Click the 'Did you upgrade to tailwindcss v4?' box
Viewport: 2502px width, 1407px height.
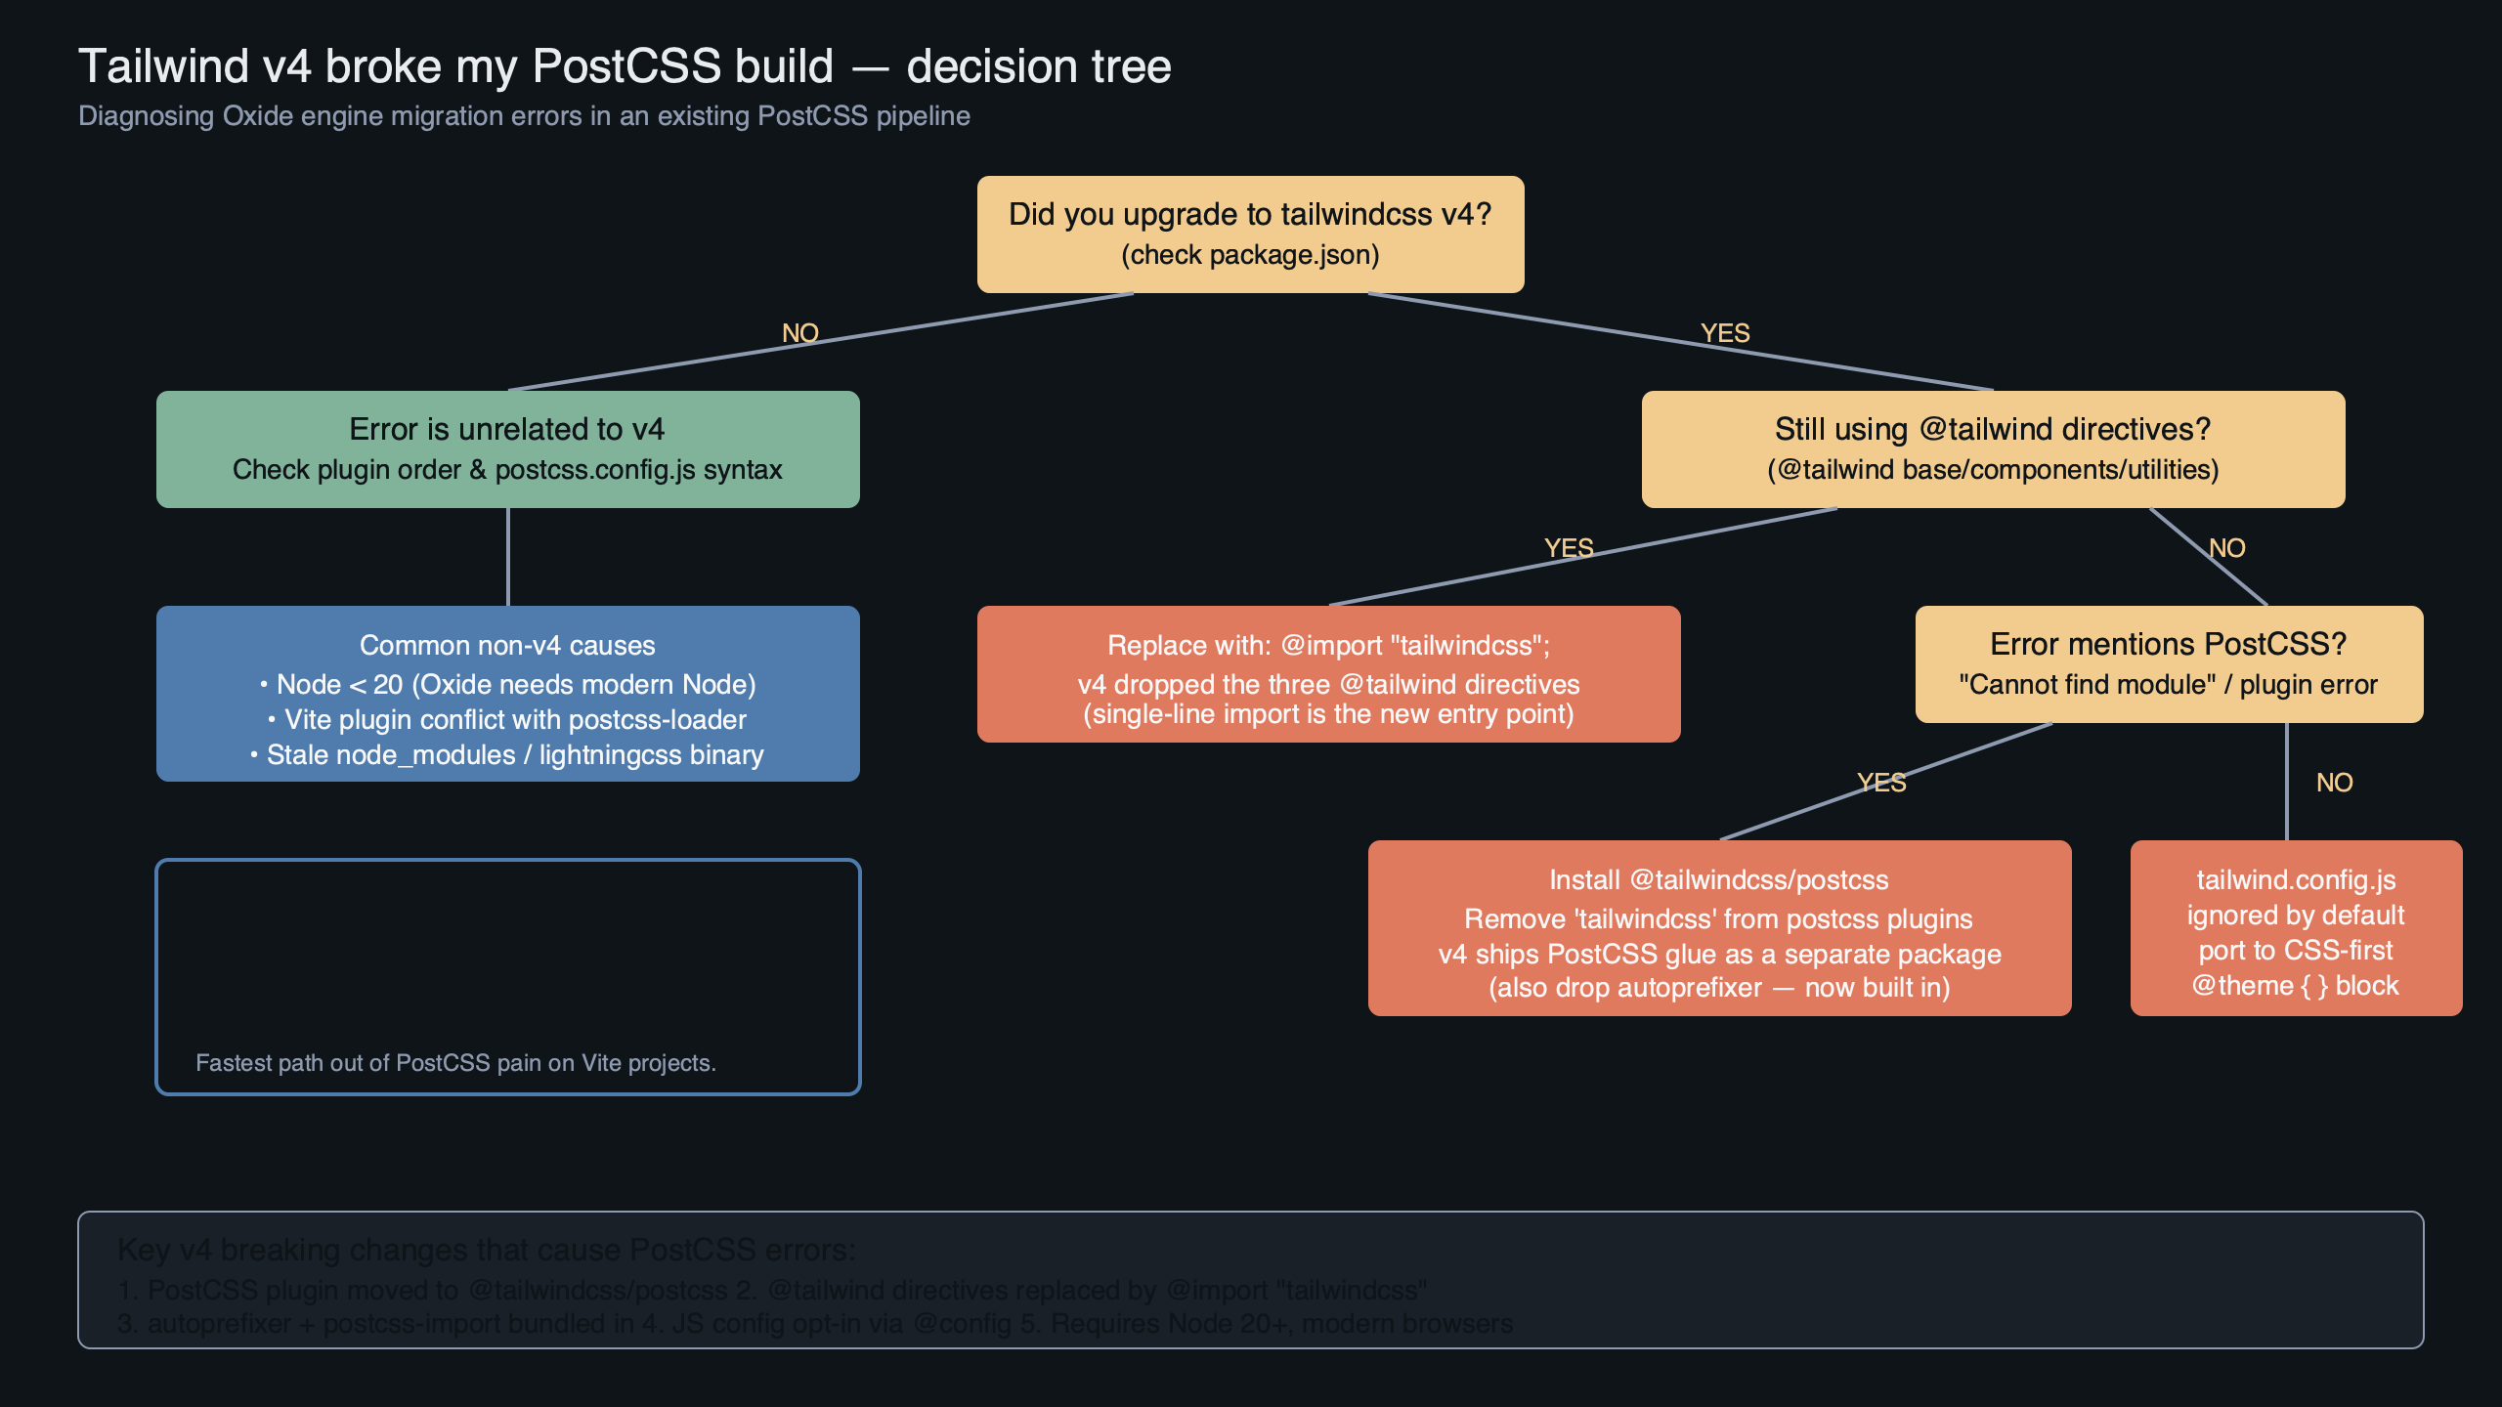1250,234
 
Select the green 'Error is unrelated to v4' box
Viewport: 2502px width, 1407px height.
507,449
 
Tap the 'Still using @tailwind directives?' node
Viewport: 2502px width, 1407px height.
1993,449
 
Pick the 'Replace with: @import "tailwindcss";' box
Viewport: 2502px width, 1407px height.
1328,674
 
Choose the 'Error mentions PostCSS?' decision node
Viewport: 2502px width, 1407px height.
2169,664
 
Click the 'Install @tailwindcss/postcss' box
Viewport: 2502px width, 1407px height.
1719,928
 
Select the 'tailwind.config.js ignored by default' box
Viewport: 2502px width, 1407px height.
2296,928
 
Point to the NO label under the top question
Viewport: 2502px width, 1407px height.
799,333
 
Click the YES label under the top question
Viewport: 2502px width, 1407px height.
1725,333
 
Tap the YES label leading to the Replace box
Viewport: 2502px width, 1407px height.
1569,548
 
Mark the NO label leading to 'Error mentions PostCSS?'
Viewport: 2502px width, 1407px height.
2227,548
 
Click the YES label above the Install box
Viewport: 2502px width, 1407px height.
1881,783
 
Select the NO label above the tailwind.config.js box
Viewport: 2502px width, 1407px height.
2334,783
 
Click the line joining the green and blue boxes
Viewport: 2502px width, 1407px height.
508,557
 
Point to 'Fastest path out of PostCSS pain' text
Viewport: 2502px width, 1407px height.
455,1063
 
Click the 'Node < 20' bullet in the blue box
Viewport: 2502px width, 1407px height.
507,684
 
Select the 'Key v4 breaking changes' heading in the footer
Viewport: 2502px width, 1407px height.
486,1250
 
